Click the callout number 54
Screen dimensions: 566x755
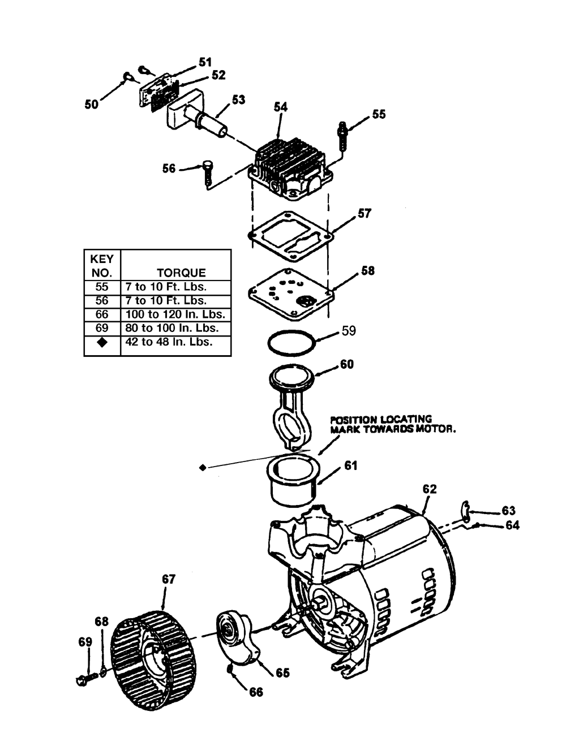click(x=280, y=107)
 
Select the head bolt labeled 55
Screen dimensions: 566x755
click(x=342, y=136)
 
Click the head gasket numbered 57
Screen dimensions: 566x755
click(x=291, y=236)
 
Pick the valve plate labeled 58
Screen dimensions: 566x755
click(x=291, y=294)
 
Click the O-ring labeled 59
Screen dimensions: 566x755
click(x=292, y=343)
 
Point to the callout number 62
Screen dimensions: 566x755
click(x=430, y=489)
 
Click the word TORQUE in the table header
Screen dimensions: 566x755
click(x=181, y=273)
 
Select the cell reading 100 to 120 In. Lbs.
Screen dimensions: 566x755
click(x=175, y=314)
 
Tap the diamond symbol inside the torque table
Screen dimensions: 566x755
click(x=102, y=342)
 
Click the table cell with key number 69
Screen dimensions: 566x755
click(x=102, y=328)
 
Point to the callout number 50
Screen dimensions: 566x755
click(x=92, y=104)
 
